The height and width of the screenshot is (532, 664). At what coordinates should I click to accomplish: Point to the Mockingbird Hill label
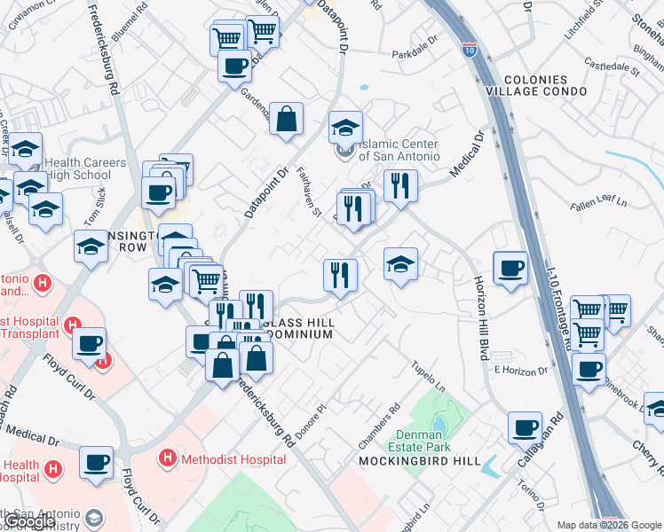pyautogui.click(x=420, y=461)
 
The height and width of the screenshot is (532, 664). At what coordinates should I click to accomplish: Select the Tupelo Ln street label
pyautogui.click(x=428, y=375)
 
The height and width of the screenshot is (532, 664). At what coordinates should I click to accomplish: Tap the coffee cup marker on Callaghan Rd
pyautogui.click(x=525, y=426)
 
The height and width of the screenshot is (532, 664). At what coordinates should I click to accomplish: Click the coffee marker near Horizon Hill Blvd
pyautogui.click(x=510, y=267)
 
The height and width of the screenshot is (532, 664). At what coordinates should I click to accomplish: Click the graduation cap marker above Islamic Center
pyautogui.click(x=346, y=127)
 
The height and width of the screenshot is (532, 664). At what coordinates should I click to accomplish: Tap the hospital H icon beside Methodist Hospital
pyautogui.click(x=166, y=458)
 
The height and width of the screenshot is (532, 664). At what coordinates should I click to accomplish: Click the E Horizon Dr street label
pyautogui.click(x=517, y=370)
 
